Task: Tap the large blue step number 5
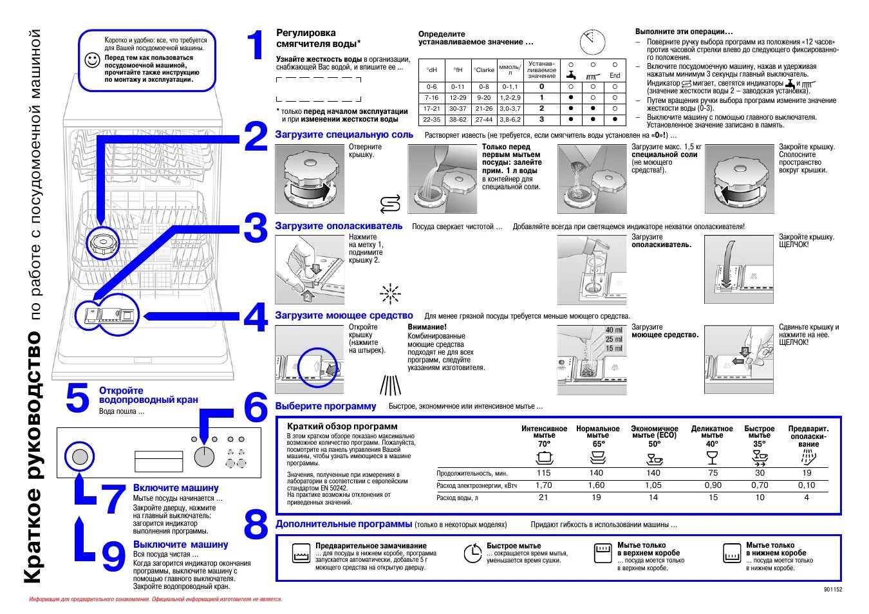77,398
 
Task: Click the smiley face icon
93,60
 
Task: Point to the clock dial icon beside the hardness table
592,42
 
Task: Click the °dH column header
431,70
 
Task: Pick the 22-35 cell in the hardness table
431,120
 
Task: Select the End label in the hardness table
615,76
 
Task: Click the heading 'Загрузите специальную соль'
344,135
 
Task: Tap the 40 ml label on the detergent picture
613,330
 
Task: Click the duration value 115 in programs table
543,473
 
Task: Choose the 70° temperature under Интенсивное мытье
544,444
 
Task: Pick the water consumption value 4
807,498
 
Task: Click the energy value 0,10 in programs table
807,485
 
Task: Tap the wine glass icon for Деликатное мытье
712,458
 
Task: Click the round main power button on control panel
80,457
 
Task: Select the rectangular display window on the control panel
159,461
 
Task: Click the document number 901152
832,590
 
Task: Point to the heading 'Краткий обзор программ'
342,426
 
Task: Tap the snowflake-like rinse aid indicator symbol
390,294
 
